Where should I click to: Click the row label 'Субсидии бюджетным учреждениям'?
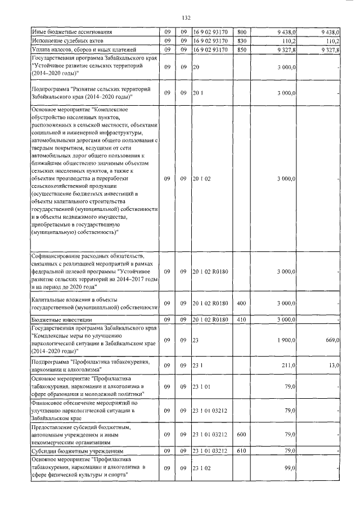tap(73, 451)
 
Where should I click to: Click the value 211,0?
tap(289, 365)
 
